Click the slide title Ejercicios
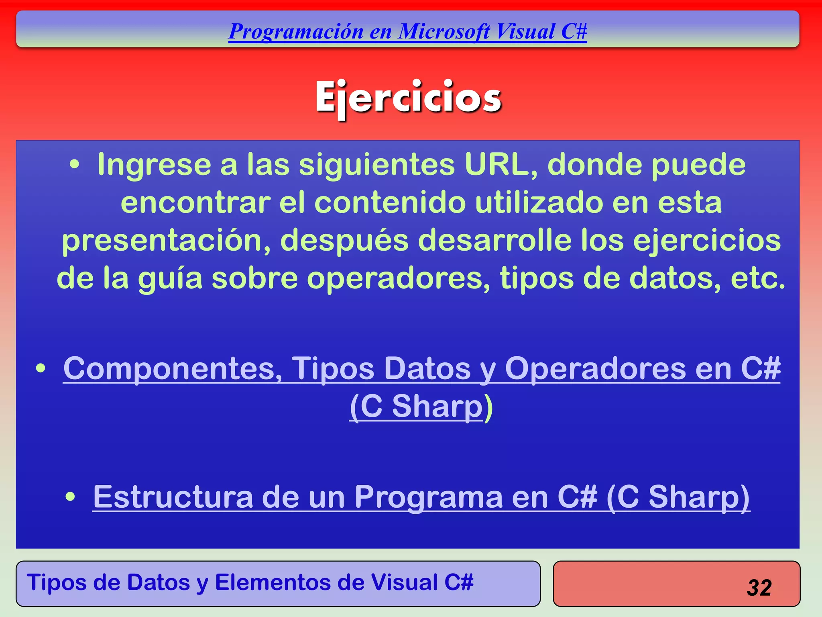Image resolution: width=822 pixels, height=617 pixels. pyautogui.click(x=408, y=98)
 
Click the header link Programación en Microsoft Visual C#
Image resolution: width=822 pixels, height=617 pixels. pyautogui.click(x=407, y=31)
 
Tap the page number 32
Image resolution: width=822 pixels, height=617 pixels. pyautogui.click(x=759, y=588)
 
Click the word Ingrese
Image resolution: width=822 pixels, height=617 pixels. pyautogui.click(x=154, y=165)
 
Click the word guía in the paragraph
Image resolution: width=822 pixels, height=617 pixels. pyautogui.click(x=170, y=278)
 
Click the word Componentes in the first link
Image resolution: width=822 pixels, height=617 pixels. pyautogui.click(x=173, y=368)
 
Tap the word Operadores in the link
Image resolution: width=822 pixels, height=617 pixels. pyautogui.click(x=595, y=368)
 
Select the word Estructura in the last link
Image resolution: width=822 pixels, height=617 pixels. pyautogui.click(x=173, y=497)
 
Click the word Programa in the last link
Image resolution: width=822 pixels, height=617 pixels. pyautogui.click(x=428, y=497)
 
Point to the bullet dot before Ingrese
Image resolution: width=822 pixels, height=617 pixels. pyautogui.click(x=74, y=165)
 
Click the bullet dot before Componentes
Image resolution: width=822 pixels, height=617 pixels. pyautogui.click(x=41, y=368)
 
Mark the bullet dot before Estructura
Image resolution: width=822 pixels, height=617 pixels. pyautogui.click(x=70, y=497)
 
